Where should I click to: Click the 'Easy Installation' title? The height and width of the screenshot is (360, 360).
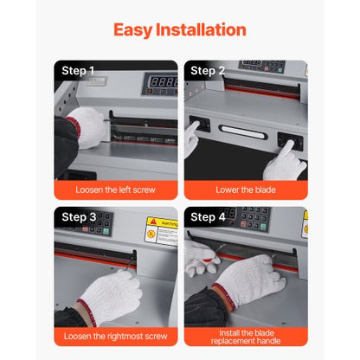(x=179, y=30)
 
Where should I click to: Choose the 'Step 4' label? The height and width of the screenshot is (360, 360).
(x=209, y=216)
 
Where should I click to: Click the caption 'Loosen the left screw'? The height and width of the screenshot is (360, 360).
(x=116, y=189)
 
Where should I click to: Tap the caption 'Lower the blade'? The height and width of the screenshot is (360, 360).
(x=246, y=189)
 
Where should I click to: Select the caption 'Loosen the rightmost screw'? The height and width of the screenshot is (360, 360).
(x=116, y=334)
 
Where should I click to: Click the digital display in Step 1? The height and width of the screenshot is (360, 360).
(x=162, y=80)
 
